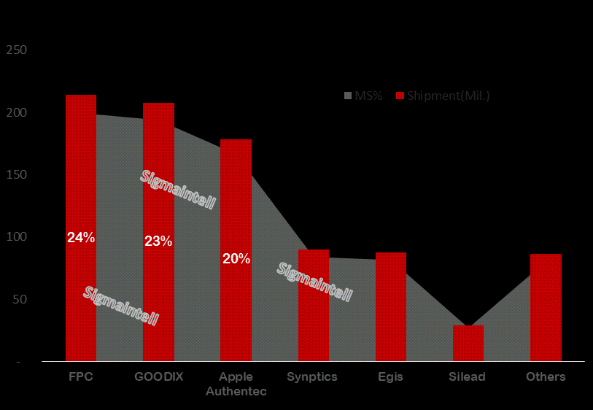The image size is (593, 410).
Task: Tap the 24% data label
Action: click(81, 237)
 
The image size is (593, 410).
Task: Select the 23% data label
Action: click(158, 241)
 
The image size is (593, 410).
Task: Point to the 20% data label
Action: click(236, 258)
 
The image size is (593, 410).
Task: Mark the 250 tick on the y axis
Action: click(16, 50)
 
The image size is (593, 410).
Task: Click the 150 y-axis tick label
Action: click(16, 175)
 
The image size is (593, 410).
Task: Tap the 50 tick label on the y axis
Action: click(19, 300)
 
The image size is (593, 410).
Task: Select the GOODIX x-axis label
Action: click(158, 376)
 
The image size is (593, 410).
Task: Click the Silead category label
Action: click(468, 376)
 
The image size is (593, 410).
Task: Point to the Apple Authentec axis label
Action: click(236, 384)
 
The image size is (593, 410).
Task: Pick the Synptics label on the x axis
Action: click(312, 376)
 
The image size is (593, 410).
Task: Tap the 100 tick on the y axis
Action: click(16, 237)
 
